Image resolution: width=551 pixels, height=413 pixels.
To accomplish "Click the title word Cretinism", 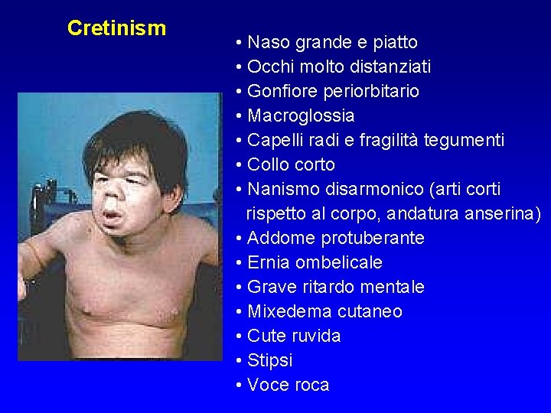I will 116,28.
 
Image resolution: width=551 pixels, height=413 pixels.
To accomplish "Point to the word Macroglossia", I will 301,115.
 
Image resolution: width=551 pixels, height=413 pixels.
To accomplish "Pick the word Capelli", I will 274,140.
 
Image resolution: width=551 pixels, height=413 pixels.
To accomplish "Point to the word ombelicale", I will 339,262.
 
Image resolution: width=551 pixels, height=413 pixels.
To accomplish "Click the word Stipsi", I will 269,360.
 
